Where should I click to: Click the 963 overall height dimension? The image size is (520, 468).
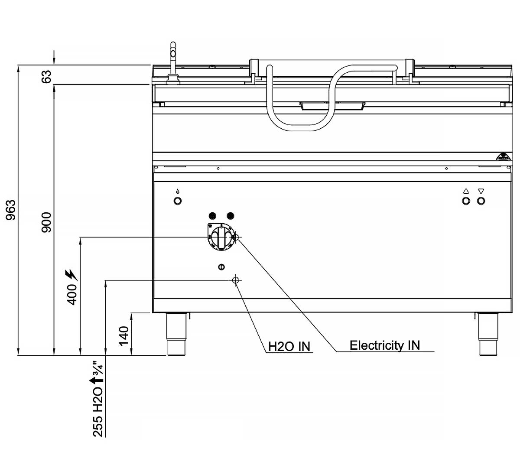[11, 210]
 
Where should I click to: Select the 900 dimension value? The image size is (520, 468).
[47, 222]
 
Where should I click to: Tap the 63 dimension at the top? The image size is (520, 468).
[47, 77]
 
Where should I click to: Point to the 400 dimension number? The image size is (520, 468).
[72, 295]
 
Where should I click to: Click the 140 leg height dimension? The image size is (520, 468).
[124, 336]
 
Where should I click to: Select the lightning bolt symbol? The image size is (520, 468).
[72, 275]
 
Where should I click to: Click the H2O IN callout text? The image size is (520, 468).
[289, 347]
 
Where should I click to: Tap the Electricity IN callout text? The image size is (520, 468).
[385, 345]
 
